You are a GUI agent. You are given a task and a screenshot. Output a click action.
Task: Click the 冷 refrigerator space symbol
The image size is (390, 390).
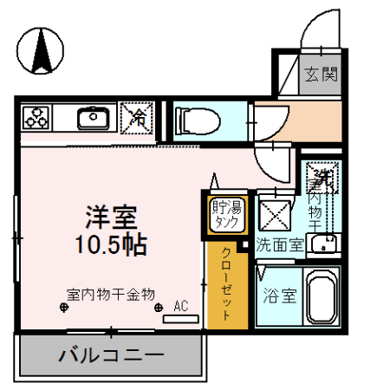137,119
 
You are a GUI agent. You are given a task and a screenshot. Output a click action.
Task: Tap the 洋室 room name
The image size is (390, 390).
109,215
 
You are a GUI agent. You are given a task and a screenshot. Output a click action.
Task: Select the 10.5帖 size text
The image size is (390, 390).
109,244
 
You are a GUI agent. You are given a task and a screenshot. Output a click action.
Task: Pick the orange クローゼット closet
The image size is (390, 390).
226,283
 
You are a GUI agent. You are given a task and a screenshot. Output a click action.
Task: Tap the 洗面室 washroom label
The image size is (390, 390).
278,244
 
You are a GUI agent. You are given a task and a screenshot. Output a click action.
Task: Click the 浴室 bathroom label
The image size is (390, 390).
278,295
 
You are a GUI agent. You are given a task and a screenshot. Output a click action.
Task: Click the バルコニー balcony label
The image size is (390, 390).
111,355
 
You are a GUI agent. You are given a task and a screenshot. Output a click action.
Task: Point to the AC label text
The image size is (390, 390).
181,306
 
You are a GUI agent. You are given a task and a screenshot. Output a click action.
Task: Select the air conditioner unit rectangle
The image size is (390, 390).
181,318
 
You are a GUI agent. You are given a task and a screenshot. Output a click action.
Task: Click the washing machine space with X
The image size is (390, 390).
277,212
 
